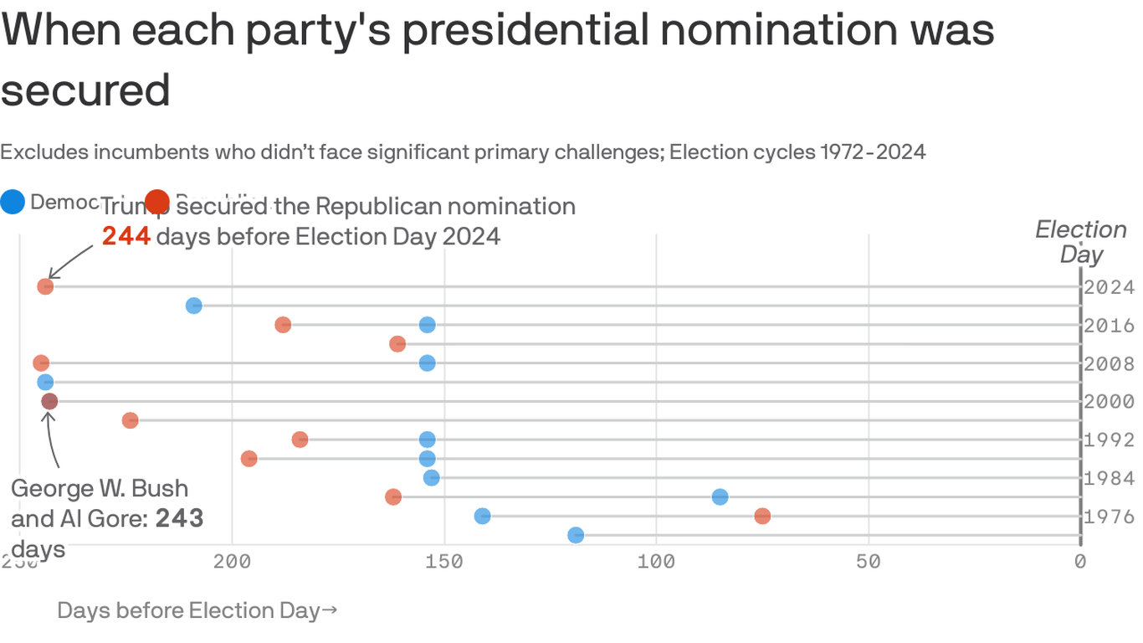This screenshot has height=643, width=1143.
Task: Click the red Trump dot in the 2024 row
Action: tap(45, 286)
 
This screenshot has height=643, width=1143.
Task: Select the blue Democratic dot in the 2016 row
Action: tap(427, 325)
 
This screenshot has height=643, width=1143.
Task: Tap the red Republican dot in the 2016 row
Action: tap(283, 325)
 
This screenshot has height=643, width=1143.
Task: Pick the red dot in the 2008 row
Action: tap(41, 363)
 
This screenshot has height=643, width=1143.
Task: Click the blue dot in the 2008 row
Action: tap(427, 363)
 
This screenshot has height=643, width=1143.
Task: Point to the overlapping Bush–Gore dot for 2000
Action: tap(49, 401)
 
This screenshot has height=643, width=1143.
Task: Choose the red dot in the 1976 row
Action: tap(762, 516)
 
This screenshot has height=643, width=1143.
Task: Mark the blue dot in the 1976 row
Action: tap(482, 516)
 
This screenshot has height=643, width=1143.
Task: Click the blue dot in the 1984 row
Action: tap(431, 477)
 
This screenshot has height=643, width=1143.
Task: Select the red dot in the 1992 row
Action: tap(300, 440)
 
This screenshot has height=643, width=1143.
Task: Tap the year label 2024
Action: tap(1109, 287)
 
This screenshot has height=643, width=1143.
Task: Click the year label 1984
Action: tap(1109, 478)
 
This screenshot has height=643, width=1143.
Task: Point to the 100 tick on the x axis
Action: tap(656, 561)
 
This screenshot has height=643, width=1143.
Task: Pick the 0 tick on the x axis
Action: tap(1080, 561)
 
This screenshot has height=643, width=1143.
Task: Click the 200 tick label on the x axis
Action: tap(233, 561)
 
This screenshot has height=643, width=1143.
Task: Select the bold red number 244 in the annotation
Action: tap(126, 237)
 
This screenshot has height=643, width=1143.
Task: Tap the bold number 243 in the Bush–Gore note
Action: tap(179, 518)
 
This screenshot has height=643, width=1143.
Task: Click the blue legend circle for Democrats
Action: tap(13, 202)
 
